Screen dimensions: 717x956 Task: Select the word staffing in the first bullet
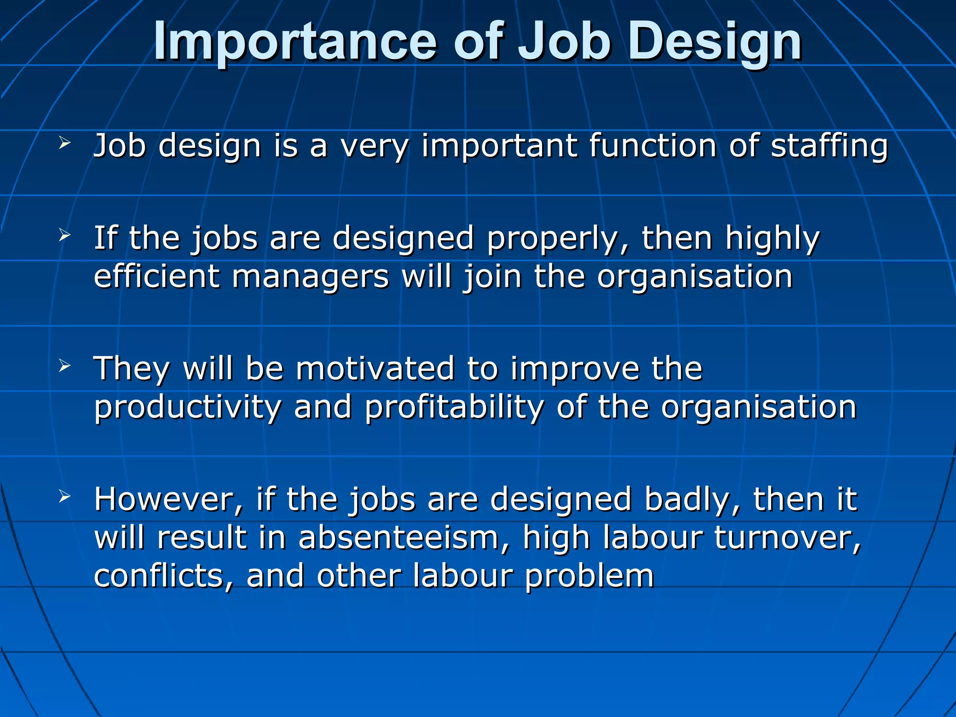829,147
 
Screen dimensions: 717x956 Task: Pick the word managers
310,277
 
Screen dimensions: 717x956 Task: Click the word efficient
156,276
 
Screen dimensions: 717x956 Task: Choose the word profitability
454,408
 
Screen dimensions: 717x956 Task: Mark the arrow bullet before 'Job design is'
64,143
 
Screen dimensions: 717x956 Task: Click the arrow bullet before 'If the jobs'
64,236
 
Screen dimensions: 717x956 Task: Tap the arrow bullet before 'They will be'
64,366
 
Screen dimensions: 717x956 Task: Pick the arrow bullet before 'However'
64,497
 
